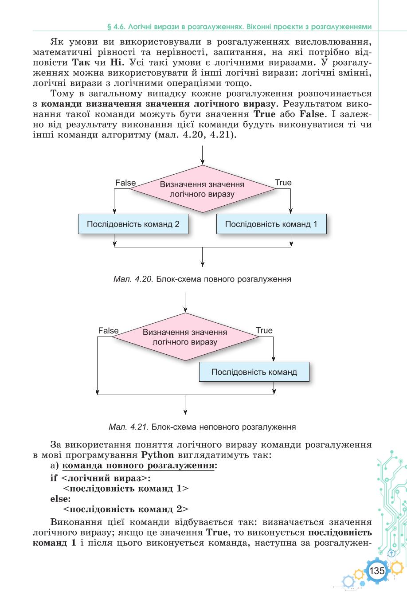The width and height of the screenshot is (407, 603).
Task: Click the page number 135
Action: tap(377, 571)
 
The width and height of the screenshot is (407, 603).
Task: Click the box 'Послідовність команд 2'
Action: tap(133, 224)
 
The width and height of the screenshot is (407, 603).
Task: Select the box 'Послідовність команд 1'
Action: tap(271, 224)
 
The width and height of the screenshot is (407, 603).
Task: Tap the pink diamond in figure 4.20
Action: tap(203, 189)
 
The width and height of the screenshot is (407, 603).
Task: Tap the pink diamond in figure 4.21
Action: tap(185, 337)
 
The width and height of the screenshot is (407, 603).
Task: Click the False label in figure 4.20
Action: tap(125, 183)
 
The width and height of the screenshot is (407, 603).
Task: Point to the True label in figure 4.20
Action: tap(283, 183)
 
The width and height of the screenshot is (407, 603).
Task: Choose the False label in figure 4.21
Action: tap(108, 331)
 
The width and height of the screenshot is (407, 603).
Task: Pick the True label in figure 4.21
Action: tap(264, 330)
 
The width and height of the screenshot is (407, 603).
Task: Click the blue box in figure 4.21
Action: tap(254, 372)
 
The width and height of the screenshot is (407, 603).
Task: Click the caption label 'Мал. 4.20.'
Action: tap(133, 279)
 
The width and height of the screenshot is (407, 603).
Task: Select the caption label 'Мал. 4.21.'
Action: tap(129, 427)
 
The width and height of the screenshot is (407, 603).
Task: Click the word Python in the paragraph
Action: tap(158, 455)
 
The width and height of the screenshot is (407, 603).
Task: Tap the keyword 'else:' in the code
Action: tap(61, 499)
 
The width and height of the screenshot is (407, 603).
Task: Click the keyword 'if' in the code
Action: tap(54, 478)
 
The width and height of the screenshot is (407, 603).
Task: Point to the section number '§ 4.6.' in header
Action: tap(116, 27)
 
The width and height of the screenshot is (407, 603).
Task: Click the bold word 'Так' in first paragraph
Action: tap(81, 63)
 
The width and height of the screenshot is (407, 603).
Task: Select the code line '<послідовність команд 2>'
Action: tap(126, 509)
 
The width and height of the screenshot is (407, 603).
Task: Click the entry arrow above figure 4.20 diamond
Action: tap(203, 155)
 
